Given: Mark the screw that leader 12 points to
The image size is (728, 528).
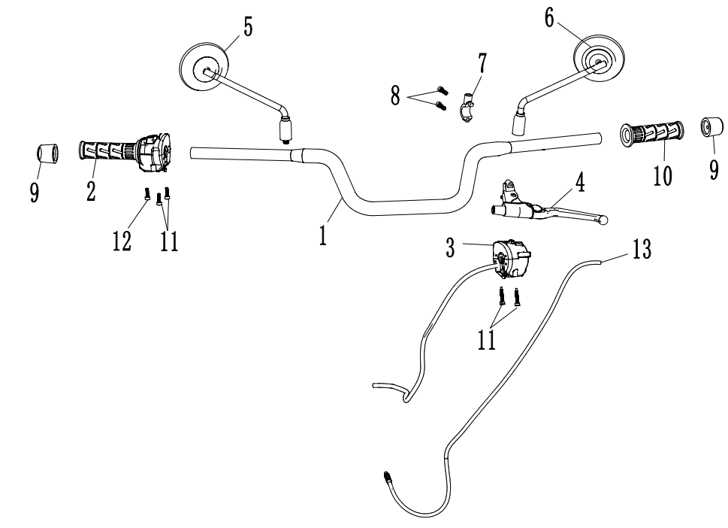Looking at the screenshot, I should point(147,195).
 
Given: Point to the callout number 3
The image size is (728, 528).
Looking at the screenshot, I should point(449,247).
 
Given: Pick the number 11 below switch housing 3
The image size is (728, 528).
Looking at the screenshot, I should point(486,338).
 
